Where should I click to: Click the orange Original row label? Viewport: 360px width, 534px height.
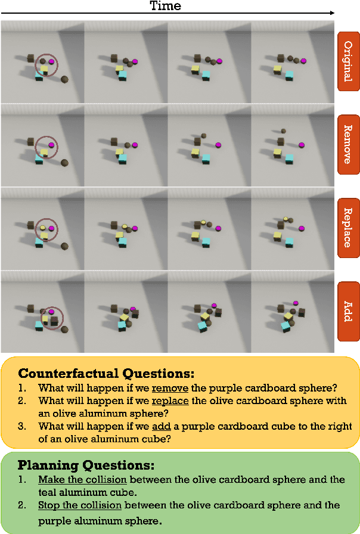point(349,61)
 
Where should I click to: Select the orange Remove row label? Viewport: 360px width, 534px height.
point(349,144)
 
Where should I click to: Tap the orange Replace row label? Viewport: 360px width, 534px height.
point(349,228)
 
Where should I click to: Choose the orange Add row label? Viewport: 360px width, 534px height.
point(349,311)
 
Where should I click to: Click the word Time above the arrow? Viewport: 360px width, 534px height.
point(166,5)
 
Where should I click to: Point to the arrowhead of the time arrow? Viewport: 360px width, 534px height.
point(332,13)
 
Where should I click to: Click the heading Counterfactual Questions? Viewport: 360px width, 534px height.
point(106,373)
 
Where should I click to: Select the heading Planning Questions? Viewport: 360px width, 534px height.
point(86,465)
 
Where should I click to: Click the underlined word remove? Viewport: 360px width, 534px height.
point(170,388)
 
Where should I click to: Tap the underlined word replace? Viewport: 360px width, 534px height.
point(170,401)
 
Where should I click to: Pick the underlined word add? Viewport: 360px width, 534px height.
point(162,426)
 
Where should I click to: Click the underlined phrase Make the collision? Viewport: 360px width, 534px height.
point(82,480)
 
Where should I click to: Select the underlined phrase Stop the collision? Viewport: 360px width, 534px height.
point(80,505)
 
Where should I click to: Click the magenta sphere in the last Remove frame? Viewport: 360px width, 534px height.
point(302,145)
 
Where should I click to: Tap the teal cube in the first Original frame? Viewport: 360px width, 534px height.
point(39,76)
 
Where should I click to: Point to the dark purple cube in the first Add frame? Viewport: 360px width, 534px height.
point(54,321)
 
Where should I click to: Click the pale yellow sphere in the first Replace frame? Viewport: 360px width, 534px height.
point(42,228)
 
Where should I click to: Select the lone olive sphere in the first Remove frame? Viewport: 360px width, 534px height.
point(64,163)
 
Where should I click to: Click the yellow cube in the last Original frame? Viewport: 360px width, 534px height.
point(278,70)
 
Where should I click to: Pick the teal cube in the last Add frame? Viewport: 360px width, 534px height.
point(285,327)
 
